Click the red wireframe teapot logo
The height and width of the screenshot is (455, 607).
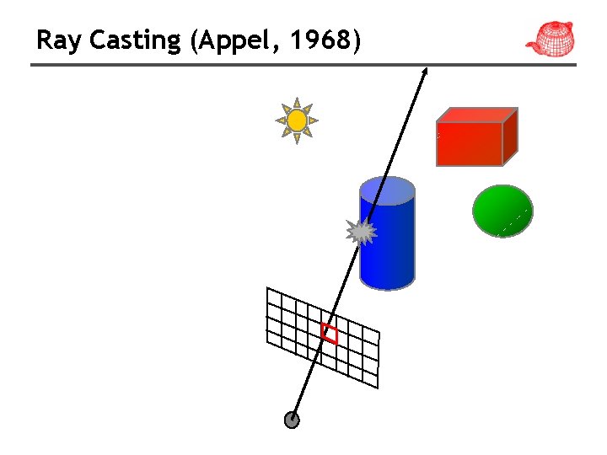click(x=551, y=38)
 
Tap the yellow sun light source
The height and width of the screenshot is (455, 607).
click(x=297, y=121)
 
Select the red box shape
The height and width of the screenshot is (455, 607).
click(x=470, y=143)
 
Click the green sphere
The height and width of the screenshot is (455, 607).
click(x=502, y=211)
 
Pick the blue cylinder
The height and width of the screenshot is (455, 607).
click(x=388, y=244)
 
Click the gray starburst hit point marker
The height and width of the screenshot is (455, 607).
click(x=362, y=231)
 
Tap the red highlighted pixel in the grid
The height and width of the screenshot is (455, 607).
click(x=330, y=334)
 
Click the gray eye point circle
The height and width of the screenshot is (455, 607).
click(x=293, y=420)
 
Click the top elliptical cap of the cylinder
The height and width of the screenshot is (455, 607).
click(x=387, y=190)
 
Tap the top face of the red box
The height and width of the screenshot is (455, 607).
click(x=476, y=115)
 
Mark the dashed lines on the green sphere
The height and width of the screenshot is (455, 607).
click(x=515, y=219)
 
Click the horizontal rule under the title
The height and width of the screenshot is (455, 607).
click(x=303, y=65)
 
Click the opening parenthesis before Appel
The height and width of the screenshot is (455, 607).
click(x=196, y=40)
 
